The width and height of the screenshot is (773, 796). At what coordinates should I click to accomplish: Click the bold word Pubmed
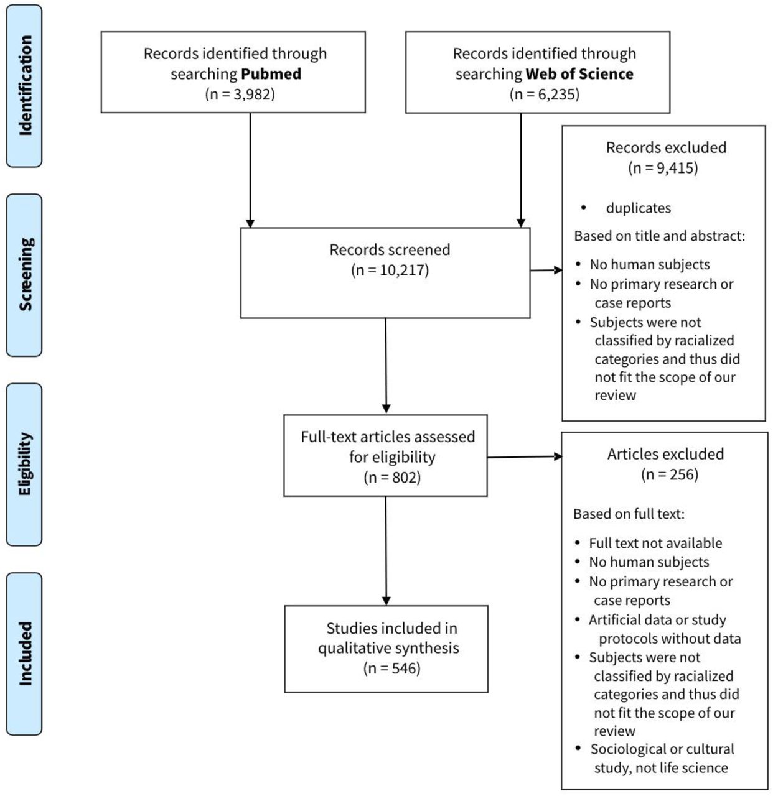click(x=271, y=74)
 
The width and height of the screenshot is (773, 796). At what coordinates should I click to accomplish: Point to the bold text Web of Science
click(x=579, y=74)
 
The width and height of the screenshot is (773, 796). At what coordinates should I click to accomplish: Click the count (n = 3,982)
click(x=240, y=95)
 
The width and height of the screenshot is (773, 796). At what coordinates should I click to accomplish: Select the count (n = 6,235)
click(x=544, y=95)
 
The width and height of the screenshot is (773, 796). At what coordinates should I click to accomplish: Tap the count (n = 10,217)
click(x=390, y=270)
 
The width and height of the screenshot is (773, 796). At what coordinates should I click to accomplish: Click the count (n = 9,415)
click(x=663, y=168)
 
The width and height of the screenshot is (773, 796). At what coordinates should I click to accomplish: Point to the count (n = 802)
click(x=392, y=478)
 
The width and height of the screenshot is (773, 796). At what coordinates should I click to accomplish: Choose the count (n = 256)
click(x=670, y=474)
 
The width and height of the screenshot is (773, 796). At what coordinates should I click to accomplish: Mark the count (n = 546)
click(x=392, y=669)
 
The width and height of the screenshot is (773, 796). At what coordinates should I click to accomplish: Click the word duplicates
click(x=639, y=208)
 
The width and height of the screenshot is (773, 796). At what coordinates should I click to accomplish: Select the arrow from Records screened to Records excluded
click(x=546, y=270)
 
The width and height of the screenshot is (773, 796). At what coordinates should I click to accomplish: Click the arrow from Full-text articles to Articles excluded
click(x=525, y=457)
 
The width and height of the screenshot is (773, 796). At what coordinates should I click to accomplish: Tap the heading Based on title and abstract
click(x=659, y=236)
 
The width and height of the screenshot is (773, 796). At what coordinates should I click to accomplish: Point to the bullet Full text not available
click(x=655, y=543)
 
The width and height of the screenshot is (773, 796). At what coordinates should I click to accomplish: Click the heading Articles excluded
click(x=665, y=454)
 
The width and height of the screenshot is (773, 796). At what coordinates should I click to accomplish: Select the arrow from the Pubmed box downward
click(x=250, y=170)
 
